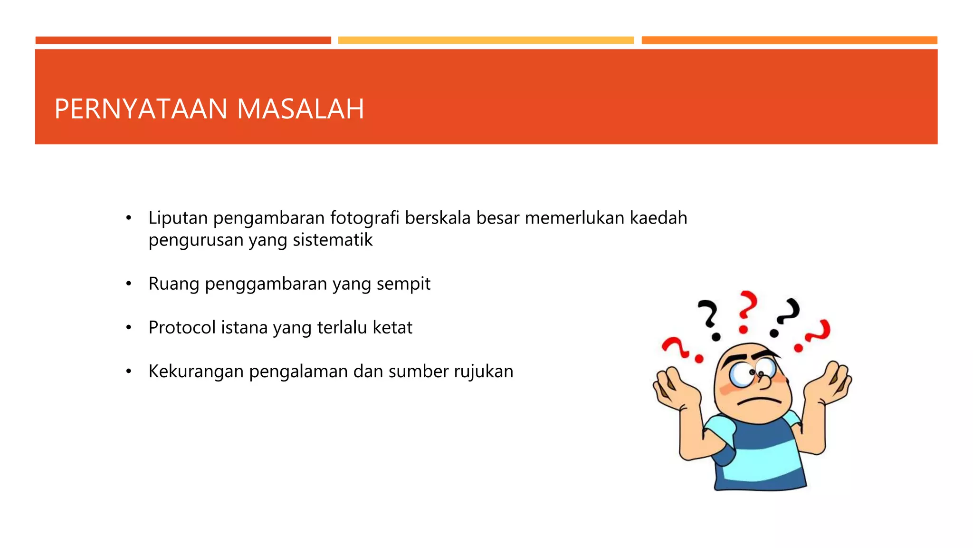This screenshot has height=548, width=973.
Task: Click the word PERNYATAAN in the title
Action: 141,109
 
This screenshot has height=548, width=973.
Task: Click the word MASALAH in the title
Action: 300,109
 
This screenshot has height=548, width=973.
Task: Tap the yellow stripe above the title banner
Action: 486,40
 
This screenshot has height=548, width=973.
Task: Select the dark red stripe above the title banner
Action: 183,40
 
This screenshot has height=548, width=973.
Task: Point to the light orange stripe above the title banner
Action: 789,40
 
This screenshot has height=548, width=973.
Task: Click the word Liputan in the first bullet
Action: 178,218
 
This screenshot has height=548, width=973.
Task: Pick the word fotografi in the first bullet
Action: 364,218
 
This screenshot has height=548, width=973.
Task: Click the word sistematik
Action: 333,240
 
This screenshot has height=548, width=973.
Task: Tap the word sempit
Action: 403,284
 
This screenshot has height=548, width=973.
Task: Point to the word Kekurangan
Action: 196,372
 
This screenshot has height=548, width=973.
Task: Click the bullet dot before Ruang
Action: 128,284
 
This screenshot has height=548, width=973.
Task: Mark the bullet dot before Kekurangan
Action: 128,372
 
